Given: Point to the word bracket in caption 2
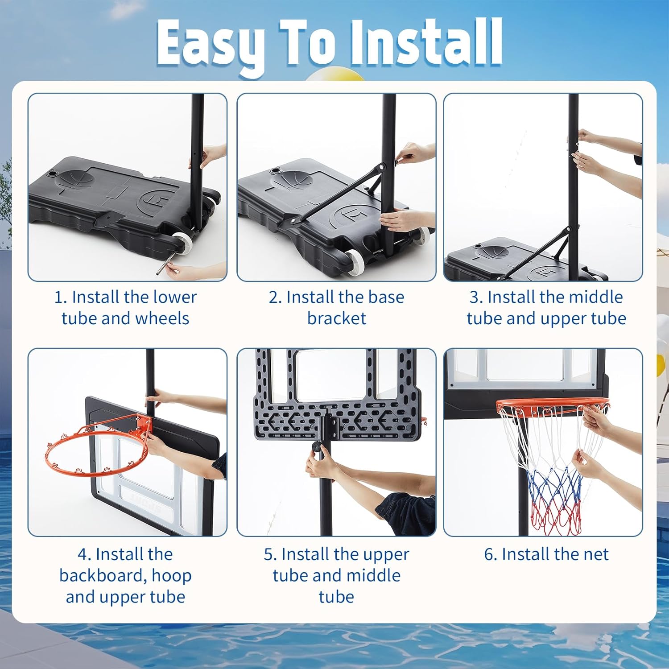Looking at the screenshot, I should coord(336,318).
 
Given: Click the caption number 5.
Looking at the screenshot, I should coord(270,555).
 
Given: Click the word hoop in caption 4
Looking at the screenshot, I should coord(172,576).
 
